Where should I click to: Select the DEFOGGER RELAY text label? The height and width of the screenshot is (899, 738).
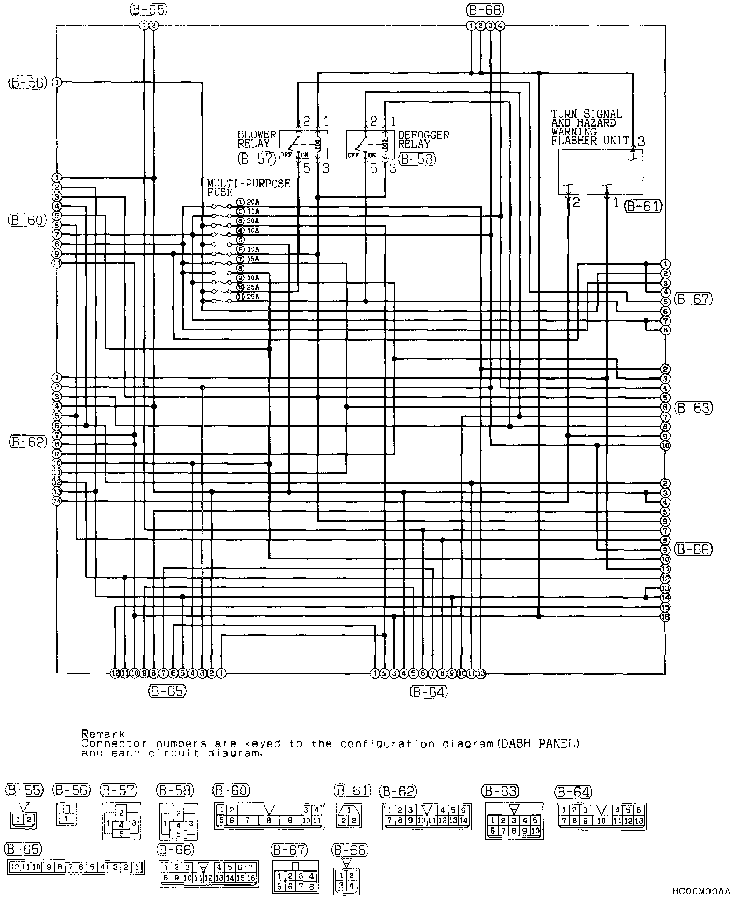[x=423, y=139]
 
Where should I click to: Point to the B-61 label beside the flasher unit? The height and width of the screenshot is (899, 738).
[x=643, y=206]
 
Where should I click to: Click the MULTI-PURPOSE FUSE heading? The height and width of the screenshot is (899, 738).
[x=248, y=188]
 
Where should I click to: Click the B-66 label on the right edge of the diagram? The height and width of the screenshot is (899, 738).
[x=693, y=550]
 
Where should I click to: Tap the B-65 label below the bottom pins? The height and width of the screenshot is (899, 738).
[x=166, y=691]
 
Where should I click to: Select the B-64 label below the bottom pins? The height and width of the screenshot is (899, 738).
[x=428, y=691]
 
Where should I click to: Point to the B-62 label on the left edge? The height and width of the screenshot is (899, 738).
[x=27, y=442]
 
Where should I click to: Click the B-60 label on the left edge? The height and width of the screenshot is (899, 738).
[x=27, y=220]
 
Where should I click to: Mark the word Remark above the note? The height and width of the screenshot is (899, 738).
[x=103, y=734]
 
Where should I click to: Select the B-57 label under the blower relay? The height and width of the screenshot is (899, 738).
[x=257, y=159]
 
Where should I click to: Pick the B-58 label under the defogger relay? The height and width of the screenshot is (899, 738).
[x=417, y=159]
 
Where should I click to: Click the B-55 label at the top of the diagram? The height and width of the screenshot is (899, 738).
[x=148, y=9]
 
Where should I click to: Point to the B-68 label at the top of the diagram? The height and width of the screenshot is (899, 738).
[x=485, y=9]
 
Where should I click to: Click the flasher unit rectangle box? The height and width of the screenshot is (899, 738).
[x=600, y=172]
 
